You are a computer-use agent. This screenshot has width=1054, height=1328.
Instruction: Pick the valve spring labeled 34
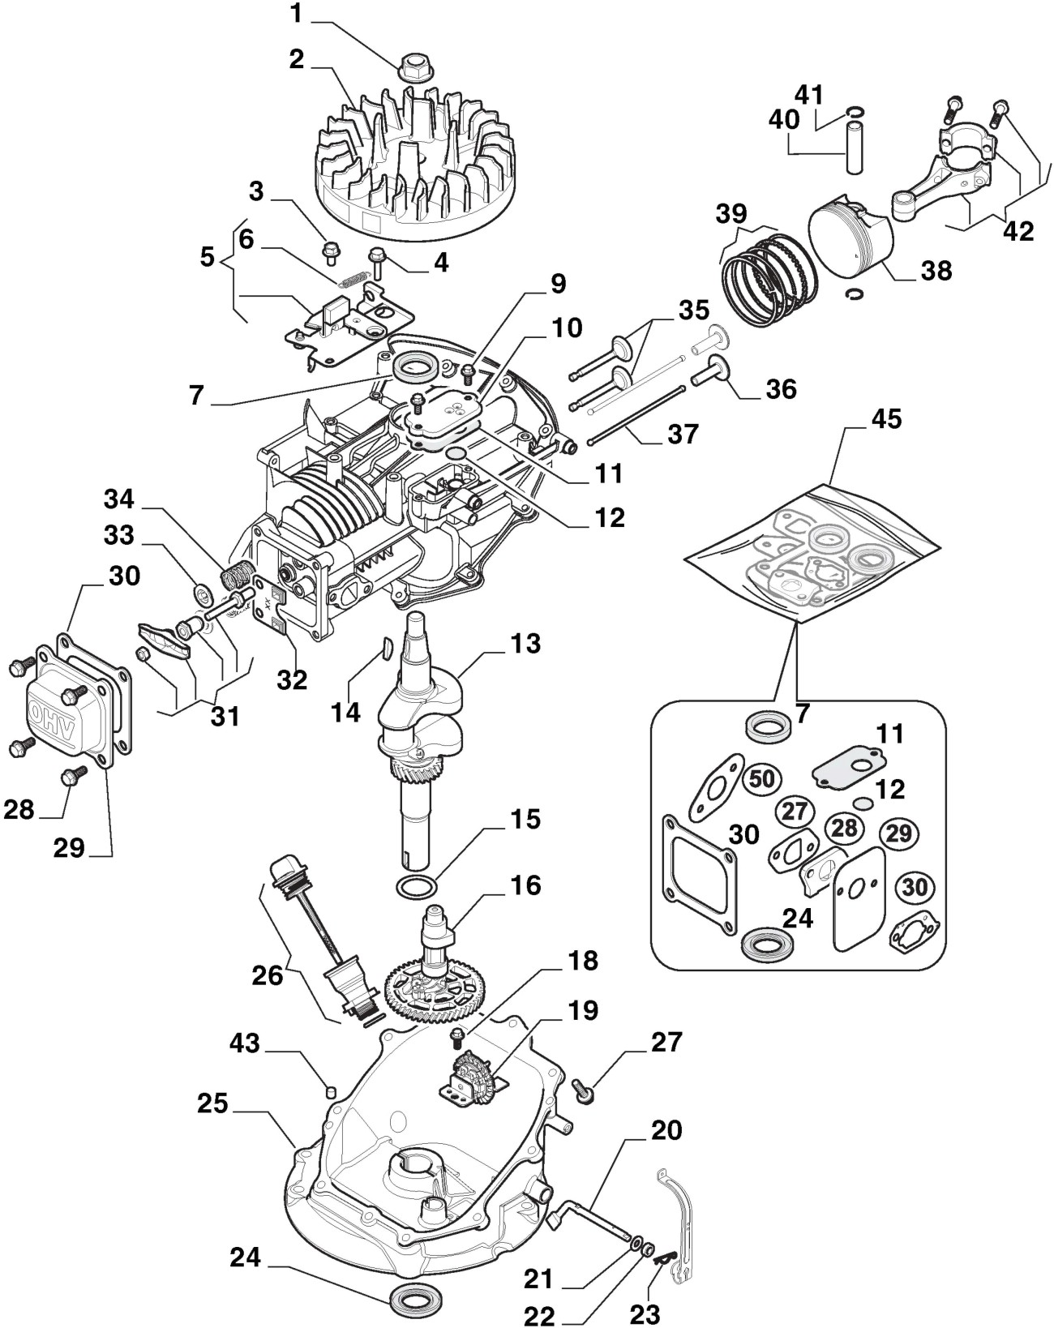pyautogui.click(x=234, y=578)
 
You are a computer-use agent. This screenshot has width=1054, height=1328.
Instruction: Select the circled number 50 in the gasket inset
pyautogui.click(x=761, y=779)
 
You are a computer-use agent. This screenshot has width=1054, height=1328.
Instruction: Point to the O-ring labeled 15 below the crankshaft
pyautogui.click(x=418, y=886)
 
